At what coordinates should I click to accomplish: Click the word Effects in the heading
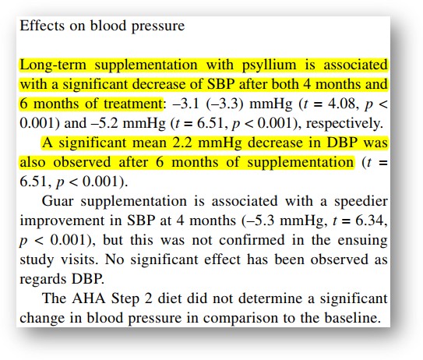pyautogui.click(x=42, y=26)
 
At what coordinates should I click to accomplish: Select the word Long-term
pyautogui.click(x=53, y=65)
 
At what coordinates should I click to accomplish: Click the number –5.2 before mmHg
pyautogui.click(x=104, y=123)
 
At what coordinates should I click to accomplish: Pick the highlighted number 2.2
pyautogui.click(x=182, y=143)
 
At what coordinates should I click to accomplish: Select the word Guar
pyautogui.click(x=58, y=201)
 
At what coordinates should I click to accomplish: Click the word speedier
pyautogui.click(x=361, y=202)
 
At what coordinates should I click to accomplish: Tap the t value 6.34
pyautogui.click(x=371, y=221)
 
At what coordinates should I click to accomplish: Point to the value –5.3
pyautogui.click(x=259, y=221)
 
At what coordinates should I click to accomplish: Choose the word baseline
pyautogui.click(x=353, y=318)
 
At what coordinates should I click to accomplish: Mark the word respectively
pyautogui.click(x=344, y=124)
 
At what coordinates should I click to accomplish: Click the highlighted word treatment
pyautogui.click(x=133, y=104)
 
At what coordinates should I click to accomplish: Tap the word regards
pyautogui.click(x=44, y=280)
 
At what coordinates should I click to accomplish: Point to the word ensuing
pyautogui.click(x=362, y=241)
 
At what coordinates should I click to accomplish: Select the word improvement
pyautogui.click(x=62, y=221)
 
